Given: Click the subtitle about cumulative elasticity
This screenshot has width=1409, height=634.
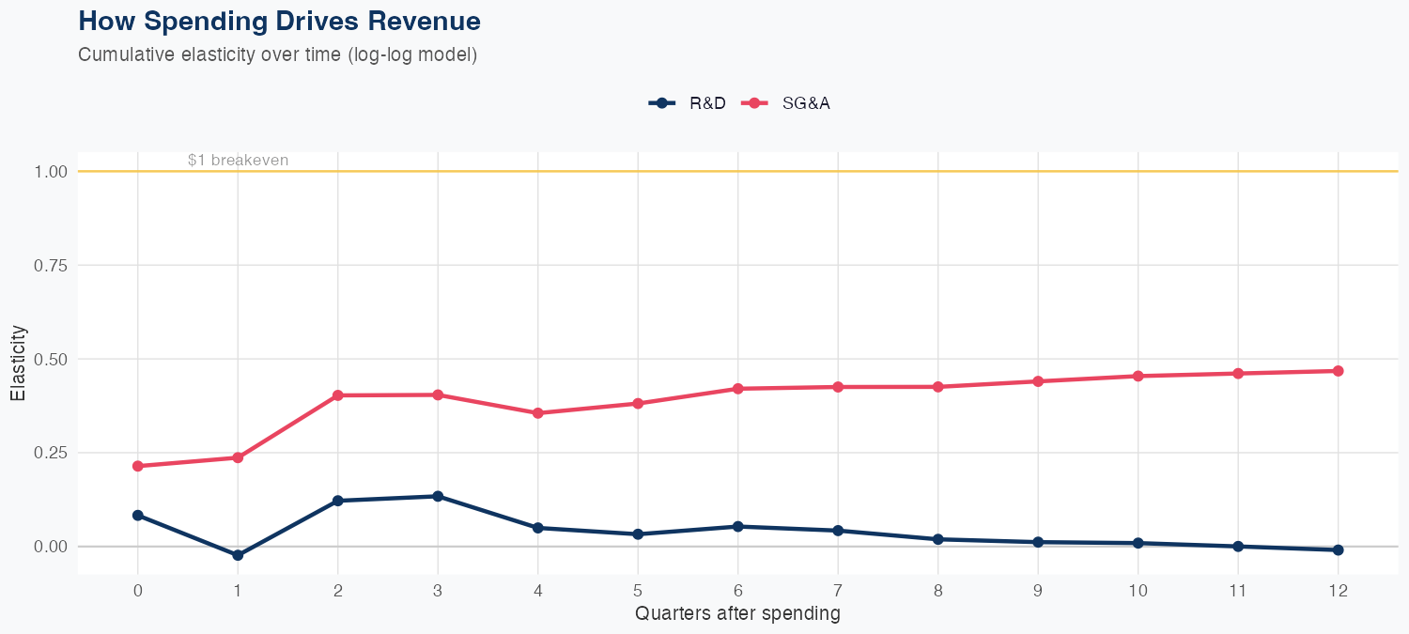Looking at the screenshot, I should tap(278, 54).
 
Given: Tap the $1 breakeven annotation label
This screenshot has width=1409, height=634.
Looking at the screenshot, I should tap(238, 161).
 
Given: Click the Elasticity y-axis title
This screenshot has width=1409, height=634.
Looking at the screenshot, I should tap(18, 363).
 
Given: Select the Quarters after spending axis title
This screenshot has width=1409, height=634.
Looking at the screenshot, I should tap(737, 614).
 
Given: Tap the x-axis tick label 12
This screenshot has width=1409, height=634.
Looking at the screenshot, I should tap(1338, 591).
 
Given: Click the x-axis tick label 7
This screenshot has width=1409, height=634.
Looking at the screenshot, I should tap(837, 591).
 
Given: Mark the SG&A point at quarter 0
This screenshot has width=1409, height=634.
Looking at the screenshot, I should tap(138, 466).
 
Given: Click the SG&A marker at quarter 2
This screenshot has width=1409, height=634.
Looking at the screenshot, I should tap(338, 395).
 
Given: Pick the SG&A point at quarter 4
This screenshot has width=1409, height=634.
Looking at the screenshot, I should tap(538, 413).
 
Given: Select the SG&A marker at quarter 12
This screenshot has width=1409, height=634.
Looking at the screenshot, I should tap(1338, 371).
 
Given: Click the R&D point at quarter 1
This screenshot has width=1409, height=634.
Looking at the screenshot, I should tap(238, 555).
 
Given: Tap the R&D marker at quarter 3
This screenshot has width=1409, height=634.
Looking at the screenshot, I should tap(438, 496).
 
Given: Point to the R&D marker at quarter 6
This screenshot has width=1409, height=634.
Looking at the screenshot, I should tap(737, 526).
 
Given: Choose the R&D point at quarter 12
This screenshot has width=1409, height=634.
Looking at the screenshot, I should tap(1338, 549).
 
